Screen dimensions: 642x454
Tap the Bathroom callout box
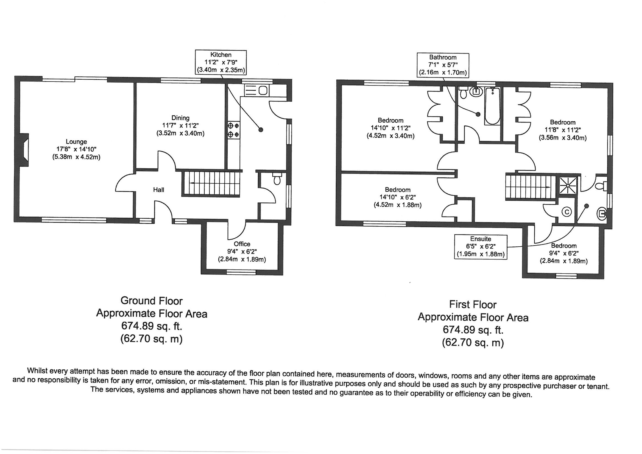point(443,65)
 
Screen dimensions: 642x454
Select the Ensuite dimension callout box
point(480,247)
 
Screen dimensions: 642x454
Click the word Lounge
point(76,141)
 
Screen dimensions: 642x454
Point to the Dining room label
point(180,118)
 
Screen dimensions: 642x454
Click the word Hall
point(158,190)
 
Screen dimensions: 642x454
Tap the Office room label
point(242,244)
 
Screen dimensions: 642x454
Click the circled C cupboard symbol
point(567,212)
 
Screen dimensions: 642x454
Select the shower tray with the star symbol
point(568,185)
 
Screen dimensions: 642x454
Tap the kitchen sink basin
point(263,90)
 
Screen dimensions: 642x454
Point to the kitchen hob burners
point(233,130)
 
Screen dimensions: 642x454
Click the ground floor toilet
point(277,179)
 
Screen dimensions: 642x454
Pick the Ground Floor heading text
point(151,301)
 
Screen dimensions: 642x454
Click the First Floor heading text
point(473,304)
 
